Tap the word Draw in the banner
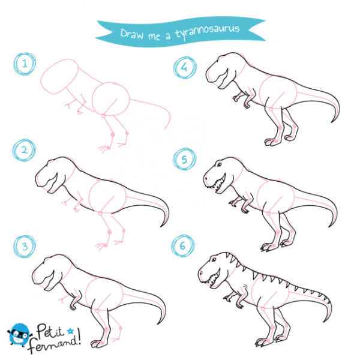click(132, 34)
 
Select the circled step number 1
click(25, 64)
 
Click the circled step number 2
click(24, 150)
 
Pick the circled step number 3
click(25, 247)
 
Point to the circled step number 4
click(185, 67)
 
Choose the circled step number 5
click(185, 159)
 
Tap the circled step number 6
click(183, 245)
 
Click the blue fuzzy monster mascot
click(19, 335)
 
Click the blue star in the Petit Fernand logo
click(70, 331)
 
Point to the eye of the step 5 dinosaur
click(219, 164)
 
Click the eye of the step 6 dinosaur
click(214, 259)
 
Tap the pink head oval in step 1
click(59, 76)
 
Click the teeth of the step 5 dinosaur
click(217, 184)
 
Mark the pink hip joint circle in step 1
click(104, 116)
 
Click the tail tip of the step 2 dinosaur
click(161, 226)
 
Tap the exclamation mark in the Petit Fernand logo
click(79, 337)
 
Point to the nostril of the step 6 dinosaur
click(202, 273)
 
